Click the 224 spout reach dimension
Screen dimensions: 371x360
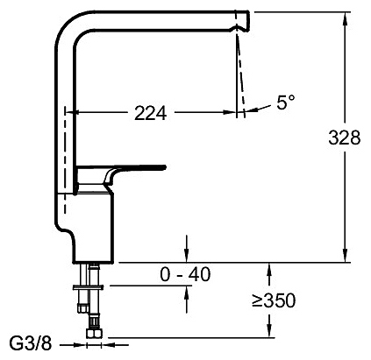tap(151, 113)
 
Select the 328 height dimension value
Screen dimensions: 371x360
tap(344, 138)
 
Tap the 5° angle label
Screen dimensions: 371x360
tap(286, 102)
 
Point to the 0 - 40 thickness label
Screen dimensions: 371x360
tap(185, 274)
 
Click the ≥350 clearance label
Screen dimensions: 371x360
tap(274, 300)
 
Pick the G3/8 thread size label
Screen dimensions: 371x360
tap(31, 343)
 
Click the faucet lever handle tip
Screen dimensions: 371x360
tap(164, 167)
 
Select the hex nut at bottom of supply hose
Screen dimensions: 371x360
tap(94, 334)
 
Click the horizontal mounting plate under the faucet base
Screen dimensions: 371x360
tap(88, 287)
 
